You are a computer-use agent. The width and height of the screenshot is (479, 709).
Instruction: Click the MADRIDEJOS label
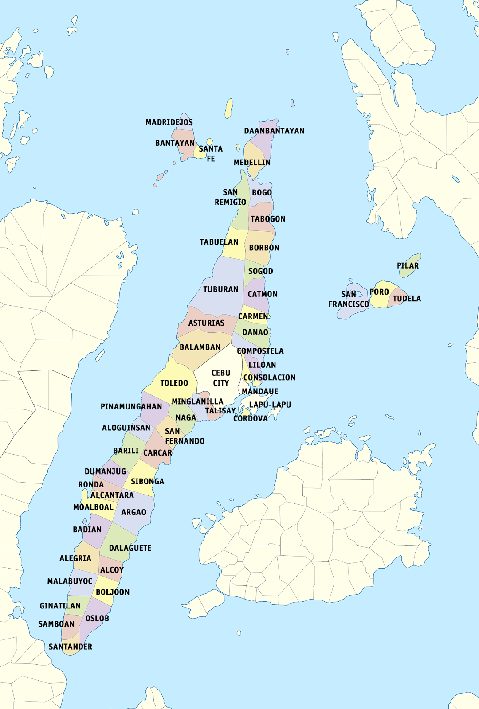click(169, 122)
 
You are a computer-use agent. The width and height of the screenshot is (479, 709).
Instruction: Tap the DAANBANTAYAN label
click(274, 131)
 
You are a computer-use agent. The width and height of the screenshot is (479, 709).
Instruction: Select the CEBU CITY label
click(220, 378)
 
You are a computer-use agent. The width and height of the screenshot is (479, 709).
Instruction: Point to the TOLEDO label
click(174, 383)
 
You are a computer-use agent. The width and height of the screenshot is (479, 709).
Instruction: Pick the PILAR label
click(408, 266)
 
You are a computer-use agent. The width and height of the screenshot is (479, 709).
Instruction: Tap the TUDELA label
click(407, 299)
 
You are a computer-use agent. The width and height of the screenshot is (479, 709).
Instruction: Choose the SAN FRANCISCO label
click(349, 300)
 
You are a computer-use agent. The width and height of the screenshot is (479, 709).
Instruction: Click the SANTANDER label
click(70, 647)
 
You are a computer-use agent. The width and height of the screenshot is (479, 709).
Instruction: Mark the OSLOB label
click(97, 618)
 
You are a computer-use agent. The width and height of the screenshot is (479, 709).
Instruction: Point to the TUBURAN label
click(220, 289)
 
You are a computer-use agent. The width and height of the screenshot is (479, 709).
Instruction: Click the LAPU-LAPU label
click(270, 405)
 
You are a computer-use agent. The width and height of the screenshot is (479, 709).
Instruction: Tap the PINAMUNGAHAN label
click(131, 407)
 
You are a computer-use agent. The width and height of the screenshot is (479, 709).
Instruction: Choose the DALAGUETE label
click(130, 548)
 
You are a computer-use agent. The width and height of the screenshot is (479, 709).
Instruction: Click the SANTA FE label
click(211, 154)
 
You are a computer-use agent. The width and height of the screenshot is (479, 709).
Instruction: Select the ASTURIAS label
click(206, 323)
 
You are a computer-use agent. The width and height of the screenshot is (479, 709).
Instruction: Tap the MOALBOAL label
click(93, 507)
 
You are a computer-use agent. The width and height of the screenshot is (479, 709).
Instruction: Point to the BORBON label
click(264, 248)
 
